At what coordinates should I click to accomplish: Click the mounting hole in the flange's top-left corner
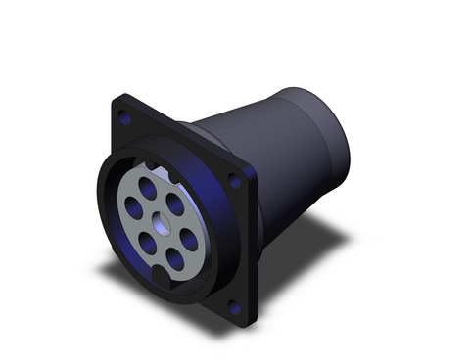[x=124, y=117]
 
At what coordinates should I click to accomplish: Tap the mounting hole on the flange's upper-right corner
[x=234, y=181]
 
